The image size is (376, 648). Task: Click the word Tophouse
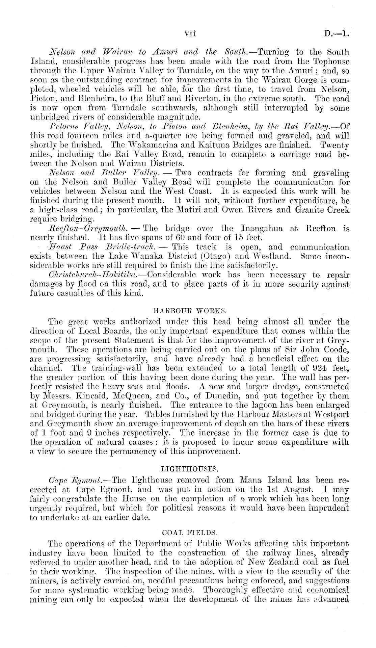pos(331,62)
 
